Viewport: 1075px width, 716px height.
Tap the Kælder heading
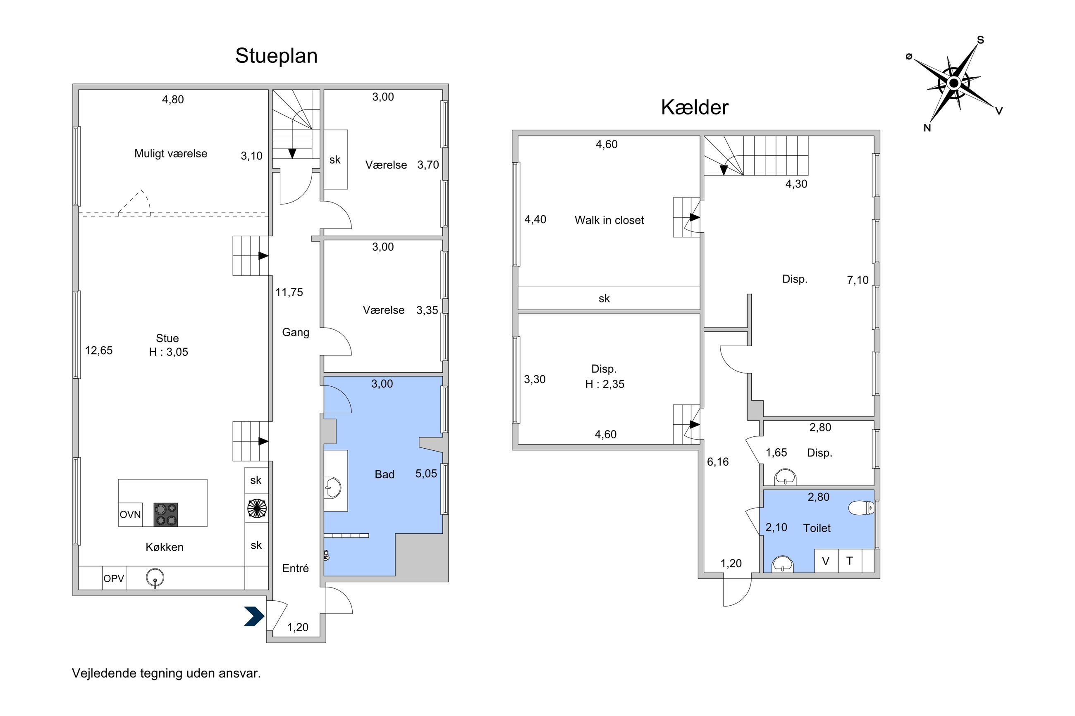coord(695,107)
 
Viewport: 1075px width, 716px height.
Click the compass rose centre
coord(953,83)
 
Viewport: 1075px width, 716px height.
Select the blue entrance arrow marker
coord(254,616)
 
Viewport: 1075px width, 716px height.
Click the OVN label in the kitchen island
coord(130,515)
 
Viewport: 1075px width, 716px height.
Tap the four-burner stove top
coord(165,515)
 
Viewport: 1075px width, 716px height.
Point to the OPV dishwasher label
coord(114,578)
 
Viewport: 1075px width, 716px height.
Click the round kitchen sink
coord(155,578)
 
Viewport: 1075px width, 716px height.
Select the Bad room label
coord(384,474)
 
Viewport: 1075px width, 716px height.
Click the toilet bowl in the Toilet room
coord(861,507)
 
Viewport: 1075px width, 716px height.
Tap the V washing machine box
coord(826,561)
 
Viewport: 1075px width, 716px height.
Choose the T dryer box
coord(850,561)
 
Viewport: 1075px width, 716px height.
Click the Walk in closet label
coord(609,220)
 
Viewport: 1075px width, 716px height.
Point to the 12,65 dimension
coord(99,350)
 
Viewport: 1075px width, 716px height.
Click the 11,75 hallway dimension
coord(289,292)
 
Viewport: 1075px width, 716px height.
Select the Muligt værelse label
coord(170,153)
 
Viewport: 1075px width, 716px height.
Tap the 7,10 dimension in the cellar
coord(858,280)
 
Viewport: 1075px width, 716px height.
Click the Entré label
coord(295,568)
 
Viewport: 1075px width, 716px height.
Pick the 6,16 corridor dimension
coord(718,461)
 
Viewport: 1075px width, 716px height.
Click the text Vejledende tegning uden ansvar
coord(166,673)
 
